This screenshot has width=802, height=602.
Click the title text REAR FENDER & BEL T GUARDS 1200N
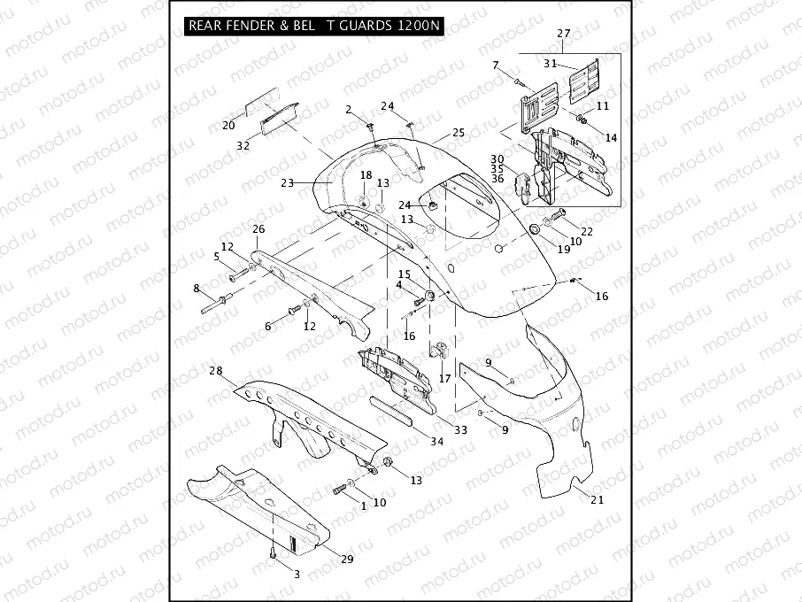click(313, 26)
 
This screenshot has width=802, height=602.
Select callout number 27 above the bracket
click(564, 35)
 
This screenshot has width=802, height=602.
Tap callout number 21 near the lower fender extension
click(597, 500)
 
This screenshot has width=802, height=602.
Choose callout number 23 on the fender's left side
click(287, 183)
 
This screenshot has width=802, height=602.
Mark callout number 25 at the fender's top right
click(458, 133)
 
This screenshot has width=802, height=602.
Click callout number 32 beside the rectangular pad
click(243, 146)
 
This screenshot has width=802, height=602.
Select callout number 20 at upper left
click(228, 125)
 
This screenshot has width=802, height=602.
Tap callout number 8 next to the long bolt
click(197, 288)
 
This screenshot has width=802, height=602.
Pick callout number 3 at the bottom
click(297, 574)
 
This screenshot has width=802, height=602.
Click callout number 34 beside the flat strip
click(436, 441)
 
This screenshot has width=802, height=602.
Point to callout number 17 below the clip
click(444, 378)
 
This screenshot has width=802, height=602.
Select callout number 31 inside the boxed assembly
click(550, 63)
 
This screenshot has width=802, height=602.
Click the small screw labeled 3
click(274, 554)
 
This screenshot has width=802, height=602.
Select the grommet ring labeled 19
click(535, 230)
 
